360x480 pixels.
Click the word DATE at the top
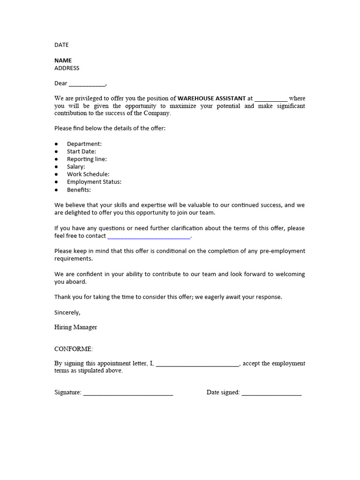61,45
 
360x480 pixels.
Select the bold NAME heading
63,60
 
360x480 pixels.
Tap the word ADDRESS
67,68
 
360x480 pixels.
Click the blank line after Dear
87,84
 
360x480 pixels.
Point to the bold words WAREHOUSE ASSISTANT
211,98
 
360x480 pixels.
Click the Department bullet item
84,144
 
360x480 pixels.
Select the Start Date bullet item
81,151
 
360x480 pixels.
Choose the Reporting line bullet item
87,159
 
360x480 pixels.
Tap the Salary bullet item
76,166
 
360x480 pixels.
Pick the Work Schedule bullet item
88,174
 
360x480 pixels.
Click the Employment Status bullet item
94,182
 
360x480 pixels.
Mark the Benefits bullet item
79,190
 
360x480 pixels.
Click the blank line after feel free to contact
149,237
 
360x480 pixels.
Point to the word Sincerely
67,312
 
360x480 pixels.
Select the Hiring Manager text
75,327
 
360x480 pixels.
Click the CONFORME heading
74,349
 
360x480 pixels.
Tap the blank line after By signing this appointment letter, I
197,364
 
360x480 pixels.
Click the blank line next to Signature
128,393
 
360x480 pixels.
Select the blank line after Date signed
271,393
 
